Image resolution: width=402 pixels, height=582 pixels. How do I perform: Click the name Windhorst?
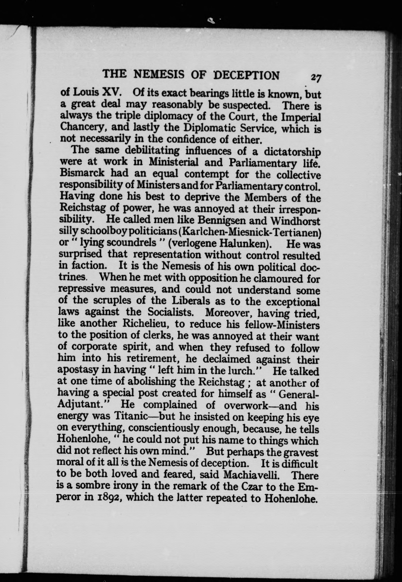coord(295,221)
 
